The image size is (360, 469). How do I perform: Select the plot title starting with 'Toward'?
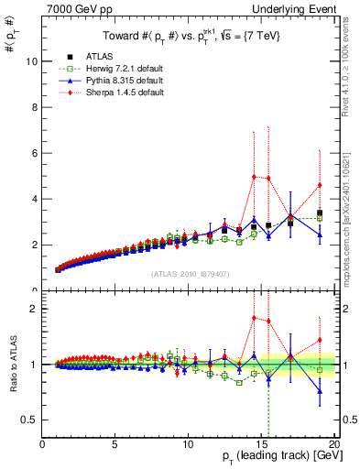[190, 37]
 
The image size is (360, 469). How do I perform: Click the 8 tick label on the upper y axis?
[33, 107]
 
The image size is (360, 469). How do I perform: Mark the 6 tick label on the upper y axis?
[33, 153]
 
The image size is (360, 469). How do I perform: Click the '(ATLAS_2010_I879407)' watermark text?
[190, 272]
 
